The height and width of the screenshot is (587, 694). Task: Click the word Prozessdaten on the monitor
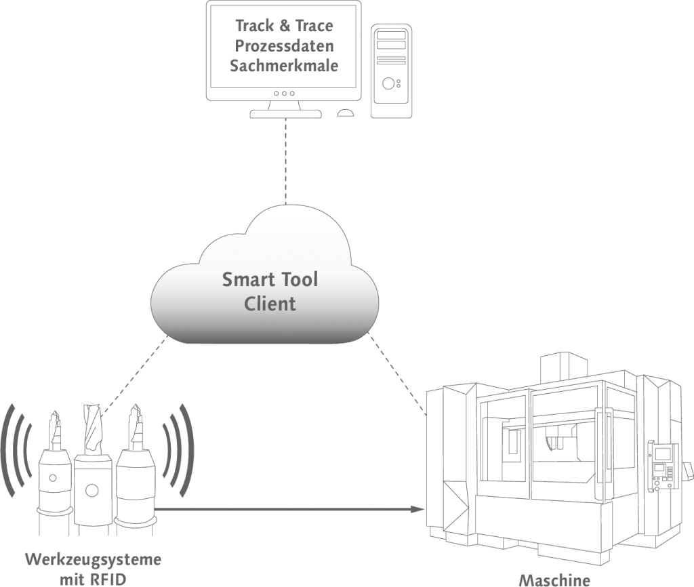coord(284,46)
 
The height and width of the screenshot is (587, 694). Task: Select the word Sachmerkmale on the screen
coord(284,66)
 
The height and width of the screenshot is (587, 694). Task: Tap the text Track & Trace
coord(284,26)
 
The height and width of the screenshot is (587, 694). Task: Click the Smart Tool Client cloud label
coord(270,291)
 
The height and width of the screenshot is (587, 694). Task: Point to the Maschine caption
coord(554,580)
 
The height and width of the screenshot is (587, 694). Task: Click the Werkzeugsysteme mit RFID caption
coord(94,568)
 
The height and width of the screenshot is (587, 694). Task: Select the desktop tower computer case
coord(392,70)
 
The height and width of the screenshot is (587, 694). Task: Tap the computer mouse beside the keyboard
coord(346,113)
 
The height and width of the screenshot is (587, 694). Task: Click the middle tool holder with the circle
coord(91,488)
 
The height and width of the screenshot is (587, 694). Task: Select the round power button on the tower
coord(388,83)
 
